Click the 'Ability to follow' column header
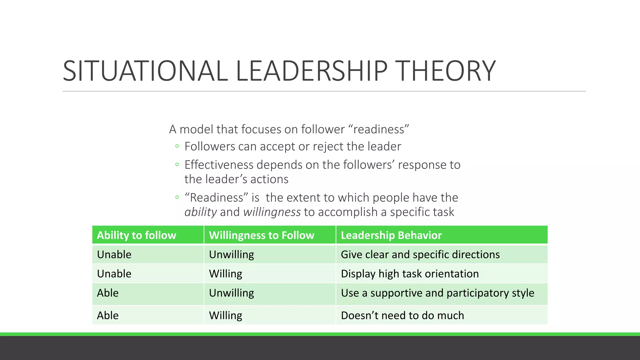[137, 235]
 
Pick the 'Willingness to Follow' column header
[262, 235]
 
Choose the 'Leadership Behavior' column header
[391, 235]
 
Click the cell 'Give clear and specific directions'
[420, 255]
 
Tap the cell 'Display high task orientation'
[410, 274]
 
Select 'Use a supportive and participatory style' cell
[437, 293]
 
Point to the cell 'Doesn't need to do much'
[402, 316]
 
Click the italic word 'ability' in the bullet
[201, 212]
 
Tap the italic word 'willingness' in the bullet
[272, 212]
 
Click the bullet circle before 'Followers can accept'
[177, 146]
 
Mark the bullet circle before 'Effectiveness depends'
[177, 164]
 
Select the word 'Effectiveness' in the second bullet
[219, 165]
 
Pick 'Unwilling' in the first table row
[232, 255]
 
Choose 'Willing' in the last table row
[226, 316]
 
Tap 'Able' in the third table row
[108, 293]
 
